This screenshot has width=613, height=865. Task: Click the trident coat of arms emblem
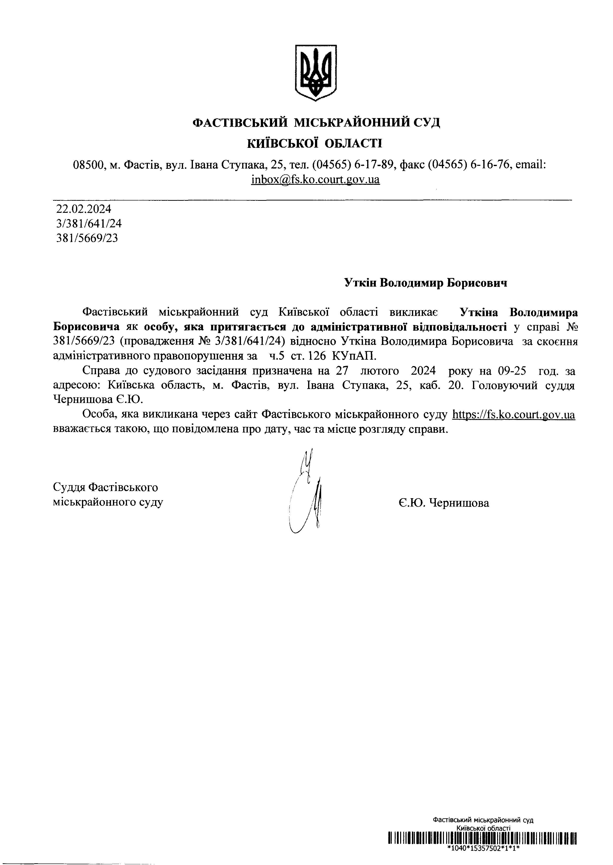315,73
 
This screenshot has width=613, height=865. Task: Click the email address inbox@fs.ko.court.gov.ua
315,180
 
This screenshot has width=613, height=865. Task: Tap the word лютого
380,371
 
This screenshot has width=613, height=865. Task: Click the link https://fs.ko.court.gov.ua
513,415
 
